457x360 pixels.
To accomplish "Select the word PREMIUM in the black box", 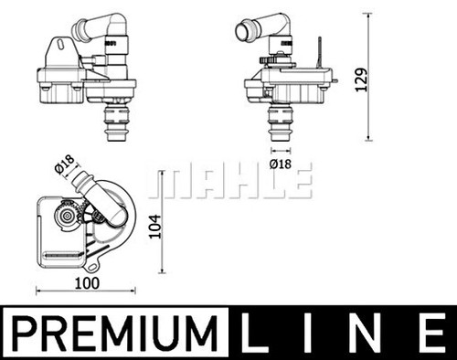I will (x=112, y=334).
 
